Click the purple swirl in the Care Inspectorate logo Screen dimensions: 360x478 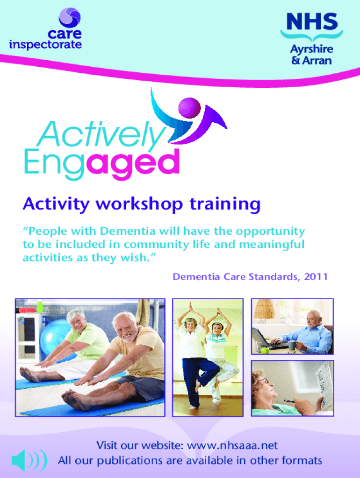(70, 17)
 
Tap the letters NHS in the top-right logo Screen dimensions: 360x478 (312, 21)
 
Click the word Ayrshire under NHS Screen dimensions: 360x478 (311, 49)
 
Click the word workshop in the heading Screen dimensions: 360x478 (139, 204)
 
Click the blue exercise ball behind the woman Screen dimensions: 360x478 (57, 337)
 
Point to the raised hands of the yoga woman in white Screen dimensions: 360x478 (191, 309)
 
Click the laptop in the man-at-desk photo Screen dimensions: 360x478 (267, 339)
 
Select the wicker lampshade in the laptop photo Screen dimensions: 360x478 (265, 309)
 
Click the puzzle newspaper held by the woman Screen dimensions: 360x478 (324, 384)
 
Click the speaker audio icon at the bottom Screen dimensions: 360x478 (29, 460)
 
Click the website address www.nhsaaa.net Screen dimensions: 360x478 (232, 445)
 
